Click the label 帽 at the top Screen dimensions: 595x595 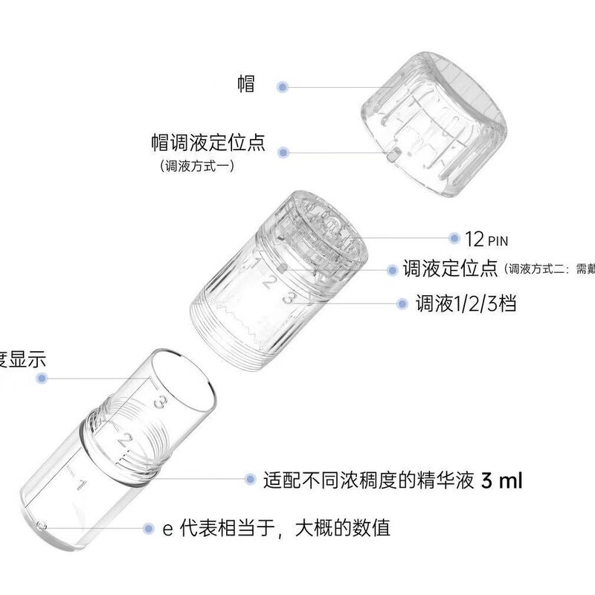click(x=246, y=84)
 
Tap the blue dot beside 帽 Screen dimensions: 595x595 click(x=283, y=87)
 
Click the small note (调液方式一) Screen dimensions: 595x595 click(x=196, y=167)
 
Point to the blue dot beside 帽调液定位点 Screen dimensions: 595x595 click(x=283, y=152)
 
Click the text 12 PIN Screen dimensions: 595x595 click(x=487, y=239)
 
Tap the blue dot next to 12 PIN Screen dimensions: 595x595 click(x=454, y=238)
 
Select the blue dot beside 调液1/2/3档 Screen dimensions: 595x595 click(x=402, y=303)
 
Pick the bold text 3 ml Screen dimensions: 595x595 click(x=502, y=480)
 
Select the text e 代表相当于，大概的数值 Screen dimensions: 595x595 click(x=277, y=529)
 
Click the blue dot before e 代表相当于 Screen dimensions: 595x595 click(x=149, y=529)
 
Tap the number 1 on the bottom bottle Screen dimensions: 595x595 click(x=83, y=487)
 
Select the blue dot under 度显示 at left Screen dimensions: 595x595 click(x=42, y=379)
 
